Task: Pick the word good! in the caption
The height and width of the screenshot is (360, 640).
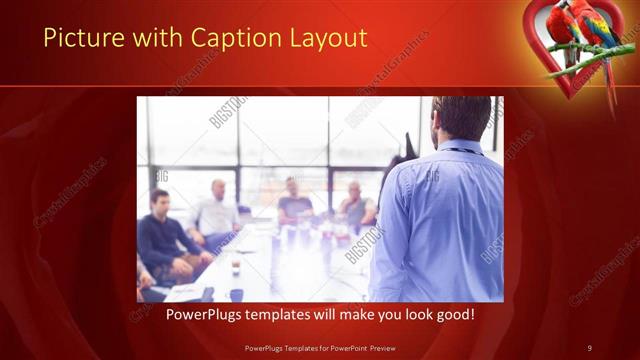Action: point(455,314)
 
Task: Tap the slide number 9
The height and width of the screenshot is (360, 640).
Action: point(589,347)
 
